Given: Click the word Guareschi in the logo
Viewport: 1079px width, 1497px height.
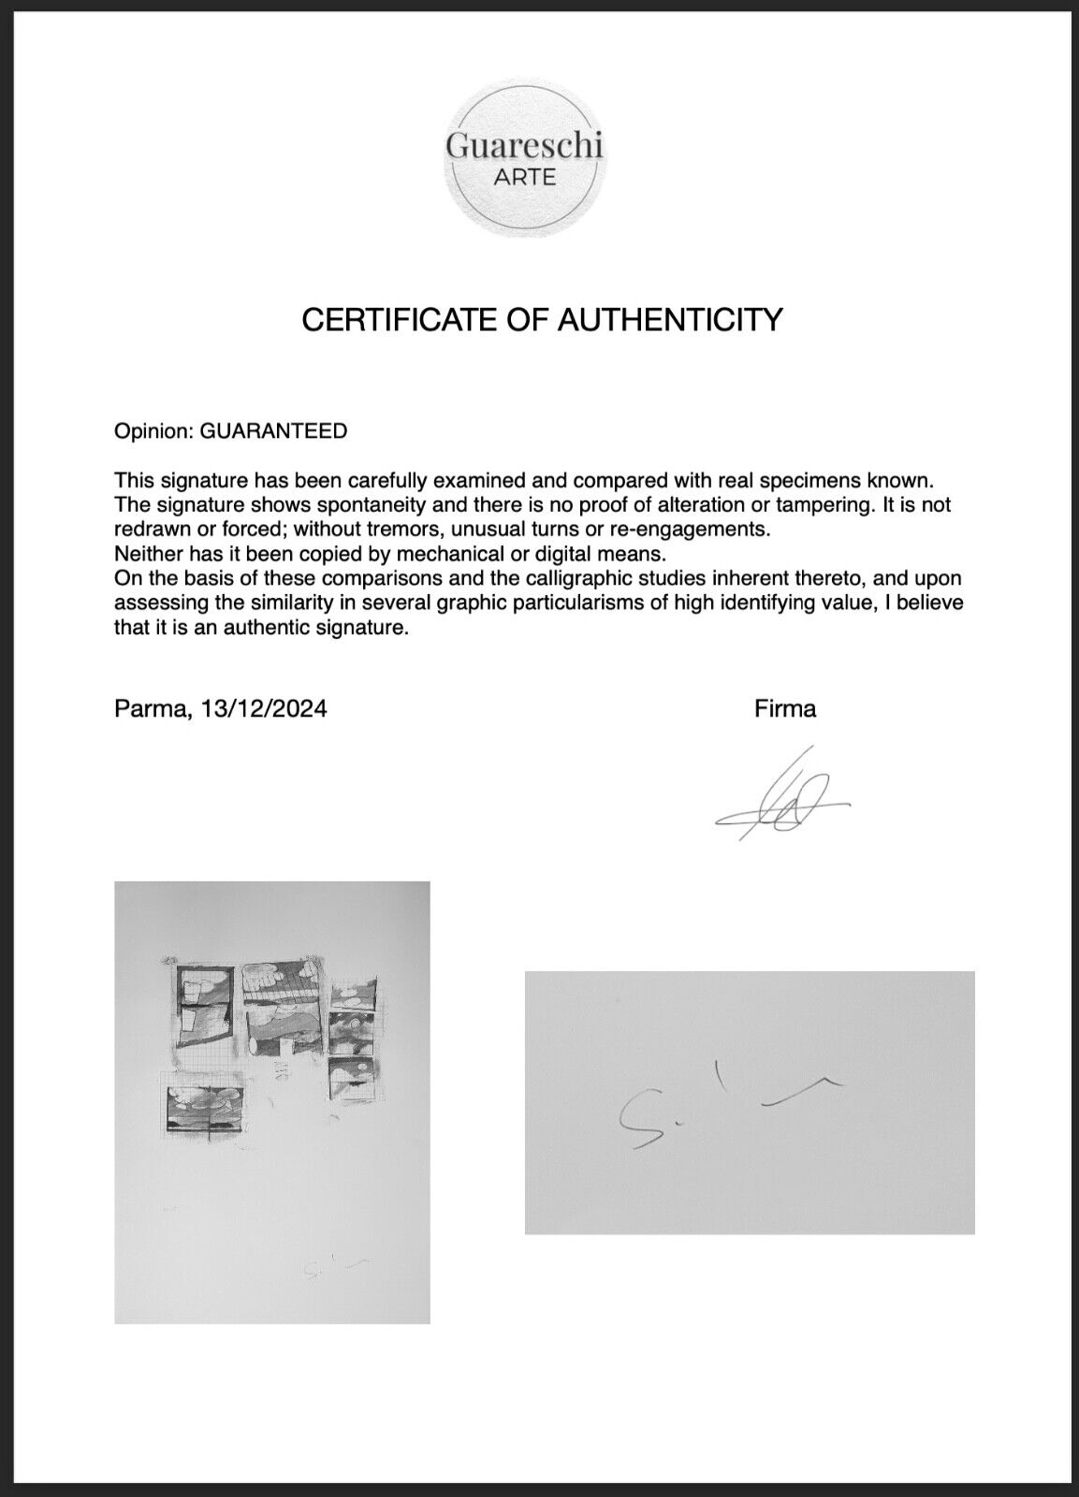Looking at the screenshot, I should click(524, 146).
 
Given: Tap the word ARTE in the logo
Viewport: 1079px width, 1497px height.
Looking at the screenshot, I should click(524, 177).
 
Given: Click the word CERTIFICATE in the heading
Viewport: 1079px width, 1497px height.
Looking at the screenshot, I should click(394, 320).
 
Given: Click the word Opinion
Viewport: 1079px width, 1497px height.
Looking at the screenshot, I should click(153, 431).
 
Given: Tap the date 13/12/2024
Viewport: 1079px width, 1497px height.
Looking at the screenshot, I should click(270, 709).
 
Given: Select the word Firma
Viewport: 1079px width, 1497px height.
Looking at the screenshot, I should click(784, 709).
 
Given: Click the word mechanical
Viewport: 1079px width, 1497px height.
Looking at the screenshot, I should click(437, 554).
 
